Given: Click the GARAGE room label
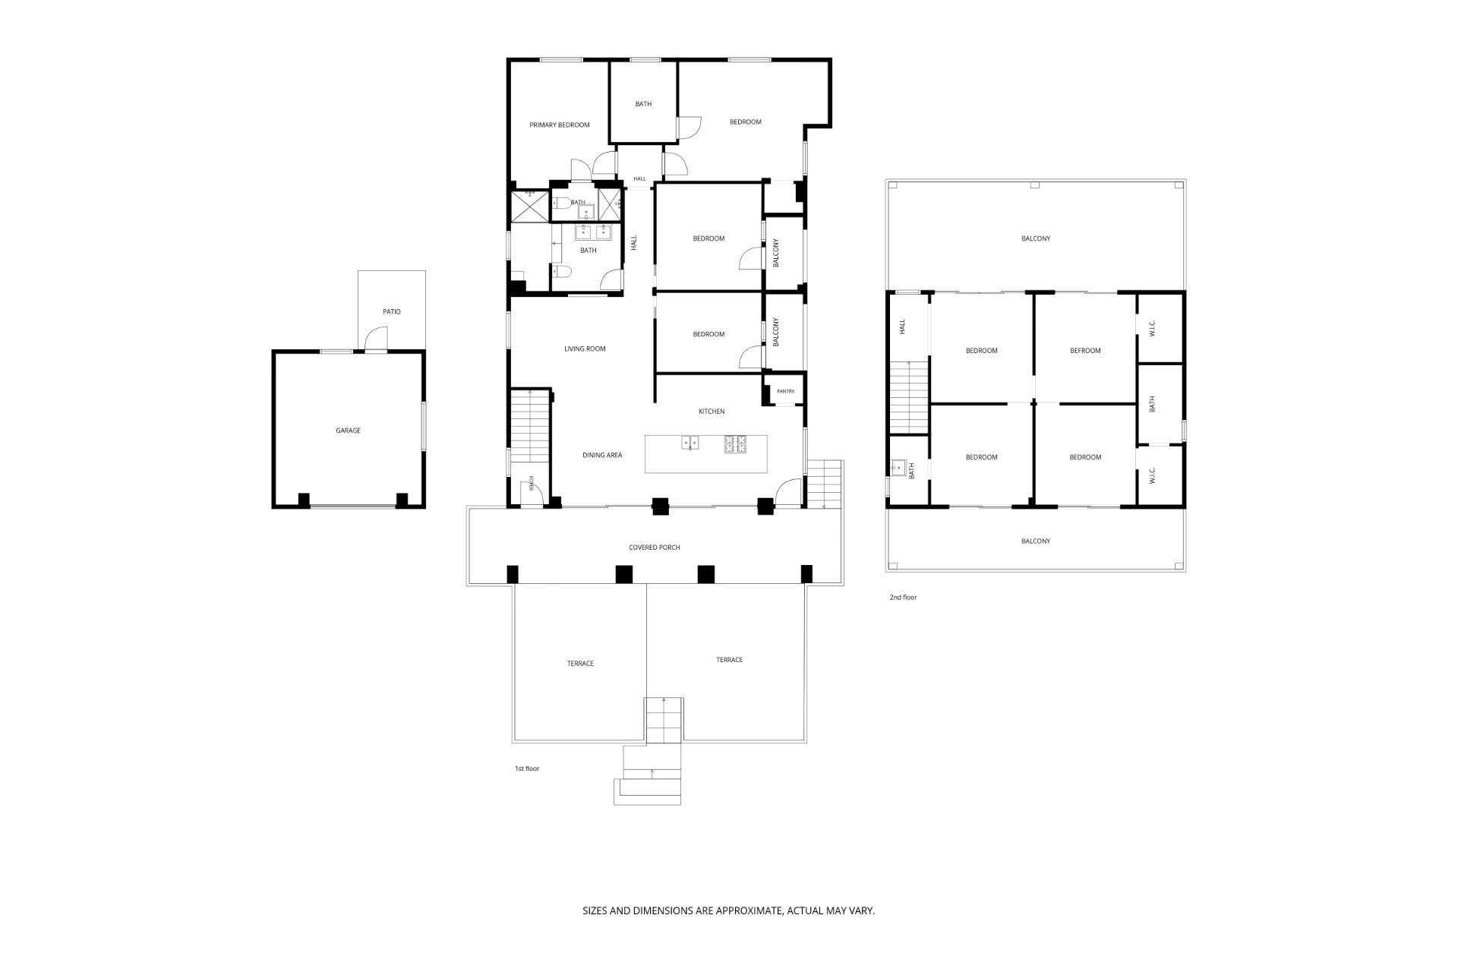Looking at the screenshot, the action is (348, 431).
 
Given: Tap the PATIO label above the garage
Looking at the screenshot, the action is (391, 311).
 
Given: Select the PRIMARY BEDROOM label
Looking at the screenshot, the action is (560, 125).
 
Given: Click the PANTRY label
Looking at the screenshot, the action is (785, 392).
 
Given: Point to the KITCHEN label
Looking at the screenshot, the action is (712, 412).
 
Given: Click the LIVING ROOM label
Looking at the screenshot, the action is (585, 349).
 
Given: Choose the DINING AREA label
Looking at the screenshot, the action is (602, 456).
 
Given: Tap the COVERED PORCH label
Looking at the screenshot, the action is (655, 548).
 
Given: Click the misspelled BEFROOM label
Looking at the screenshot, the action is (1085, 351).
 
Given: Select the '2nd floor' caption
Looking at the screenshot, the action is (903, 598).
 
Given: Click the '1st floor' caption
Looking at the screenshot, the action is (527, 769).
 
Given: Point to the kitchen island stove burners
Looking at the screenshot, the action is (735, 444).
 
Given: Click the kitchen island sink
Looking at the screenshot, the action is (691, 441).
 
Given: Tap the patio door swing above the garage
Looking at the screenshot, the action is (376, 339).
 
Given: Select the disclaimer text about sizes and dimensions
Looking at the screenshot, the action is (728, 910).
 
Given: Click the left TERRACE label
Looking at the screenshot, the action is (580, 664).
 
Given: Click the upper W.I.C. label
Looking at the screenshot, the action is (1152, 328).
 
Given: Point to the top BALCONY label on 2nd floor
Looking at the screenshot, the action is (1036, 238).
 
